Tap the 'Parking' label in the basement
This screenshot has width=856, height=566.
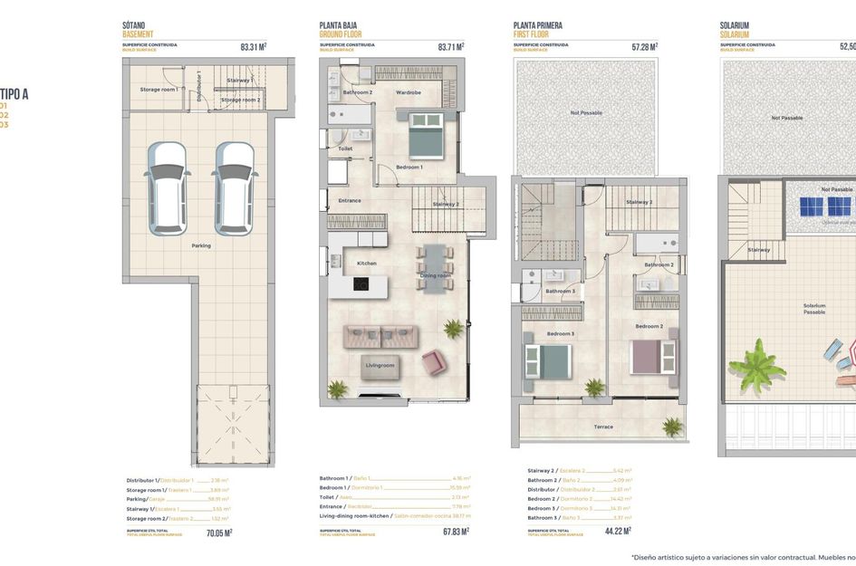pyautogui.click(x=201, y=245)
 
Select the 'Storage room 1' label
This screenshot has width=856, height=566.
pyautogui.click(x=159, y=90)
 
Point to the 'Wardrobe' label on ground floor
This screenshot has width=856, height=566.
pyautogui.click(x=409, y=92)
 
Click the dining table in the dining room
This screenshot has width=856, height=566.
pyautogui.click(x=435, y=267)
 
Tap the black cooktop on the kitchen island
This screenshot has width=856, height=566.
pyautogui.click(x=360, y=284)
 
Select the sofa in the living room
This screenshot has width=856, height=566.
pyautogui.click(x=380, y=336)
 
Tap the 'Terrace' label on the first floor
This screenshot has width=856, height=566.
pyautogui.click(x=603, y=427)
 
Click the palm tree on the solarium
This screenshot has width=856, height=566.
pyautogui.click(x=756, y=367)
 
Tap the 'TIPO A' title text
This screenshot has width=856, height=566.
pyautogui.click(x=14, y=92)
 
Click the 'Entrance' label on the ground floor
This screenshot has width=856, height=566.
pyautogui.click(x=350, y=200)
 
